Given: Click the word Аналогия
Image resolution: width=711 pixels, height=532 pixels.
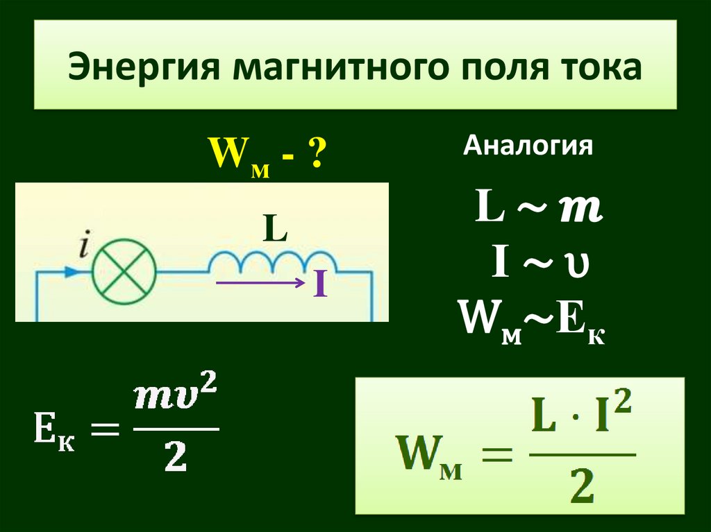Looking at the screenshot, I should pos(528,147).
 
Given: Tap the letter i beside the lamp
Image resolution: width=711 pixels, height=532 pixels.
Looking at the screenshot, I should pos(84,246).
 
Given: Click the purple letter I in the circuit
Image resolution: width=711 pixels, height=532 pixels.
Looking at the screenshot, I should pos(319,285).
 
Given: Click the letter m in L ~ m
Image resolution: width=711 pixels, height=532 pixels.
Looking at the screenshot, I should pos(581,209).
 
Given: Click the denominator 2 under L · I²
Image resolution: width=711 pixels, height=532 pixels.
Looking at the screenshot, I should pos(582,487).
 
